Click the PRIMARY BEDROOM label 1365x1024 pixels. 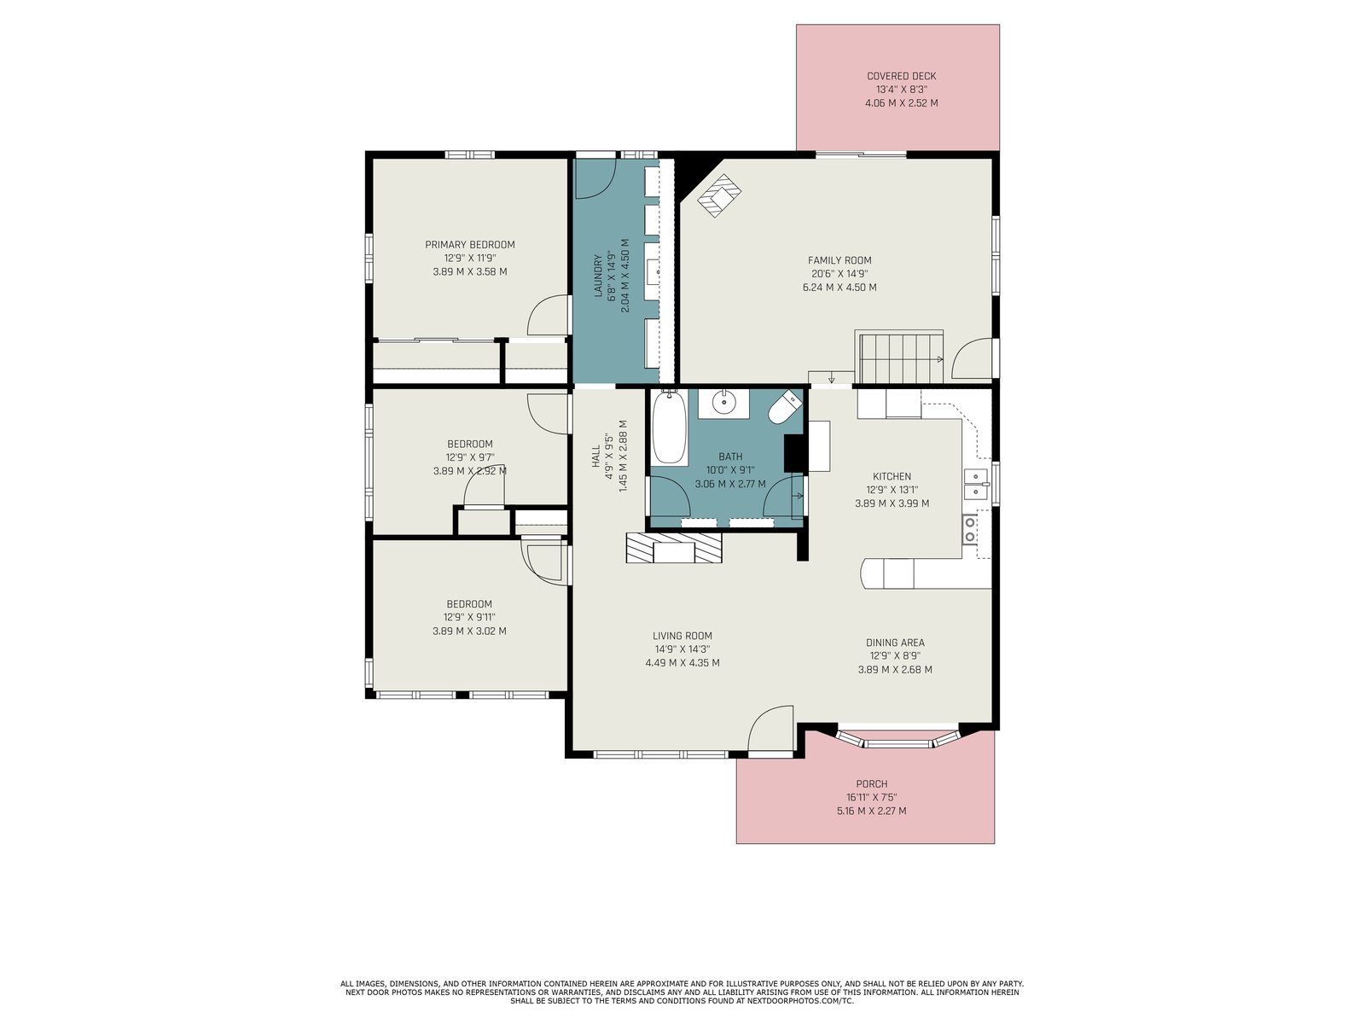pyautogui.click(x=469, y=244)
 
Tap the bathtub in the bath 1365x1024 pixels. pyautogui.click(x=669, y=428)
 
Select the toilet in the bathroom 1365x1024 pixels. pyautogui.click(x=786, y=407)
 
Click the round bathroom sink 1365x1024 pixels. pyautogui.click(x=723, y=403)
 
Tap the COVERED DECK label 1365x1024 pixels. pyautogui.click(x=901, y=76)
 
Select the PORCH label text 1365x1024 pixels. pyautogui.click(x=871, y=784)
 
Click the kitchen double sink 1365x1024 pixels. pyautogui.click(x=976, y=485)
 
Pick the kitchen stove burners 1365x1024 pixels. pyautogui.click(x=969, y=529)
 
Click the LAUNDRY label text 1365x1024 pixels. pyautogui.click(x=598, y=275)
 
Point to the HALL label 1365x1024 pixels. pyautogui.click(x=595, y=456)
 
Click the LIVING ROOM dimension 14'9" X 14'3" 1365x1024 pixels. pyautogui.click(x=682, y=649)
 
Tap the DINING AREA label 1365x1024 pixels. pyautogui.click(x=895, y=643)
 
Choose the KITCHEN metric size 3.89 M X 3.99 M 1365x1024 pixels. pyautogui.click(x=892, y=503)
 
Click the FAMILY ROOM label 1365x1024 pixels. pyautogui.click(x=839, y=260)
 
